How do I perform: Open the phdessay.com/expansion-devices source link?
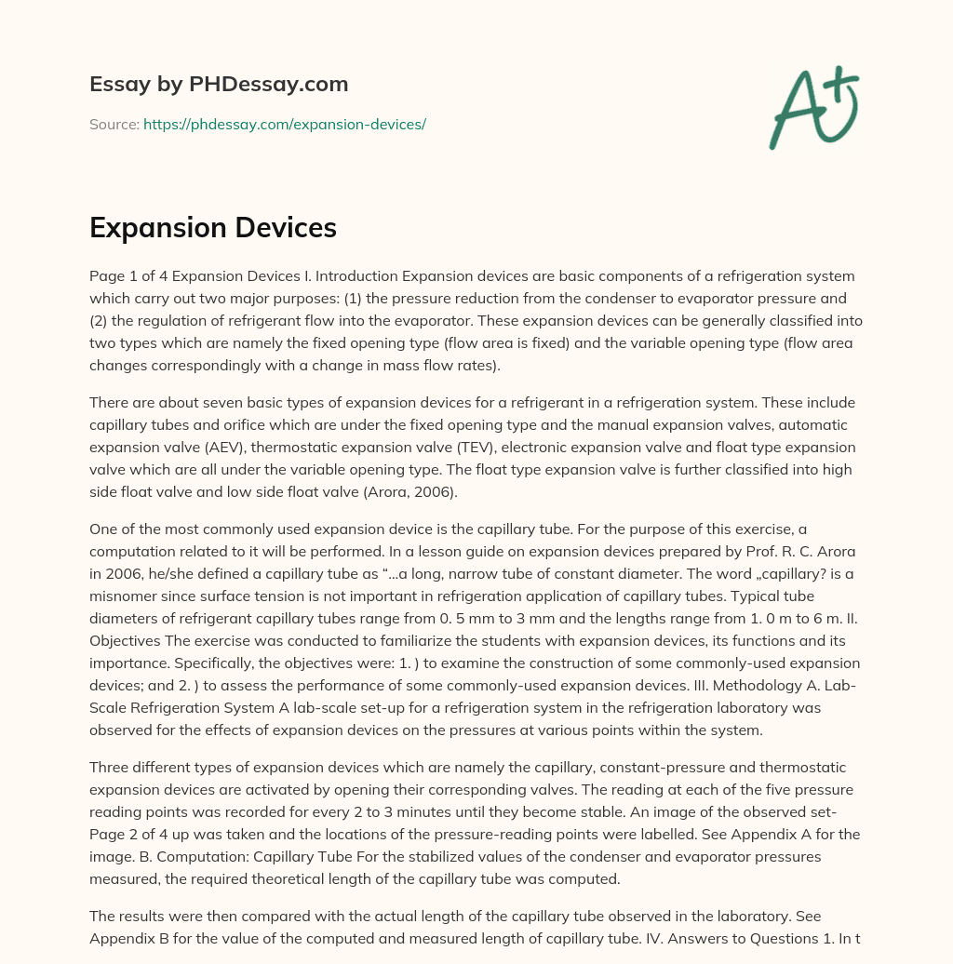coord(284,124)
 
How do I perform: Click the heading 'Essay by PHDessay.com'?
coord(219,85)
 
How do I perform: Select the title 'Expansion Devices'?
coord(213,227)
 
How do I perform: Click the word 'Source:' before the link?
coord(114,124)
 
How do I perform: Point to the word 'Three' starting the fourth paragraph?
coord(111,767)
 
